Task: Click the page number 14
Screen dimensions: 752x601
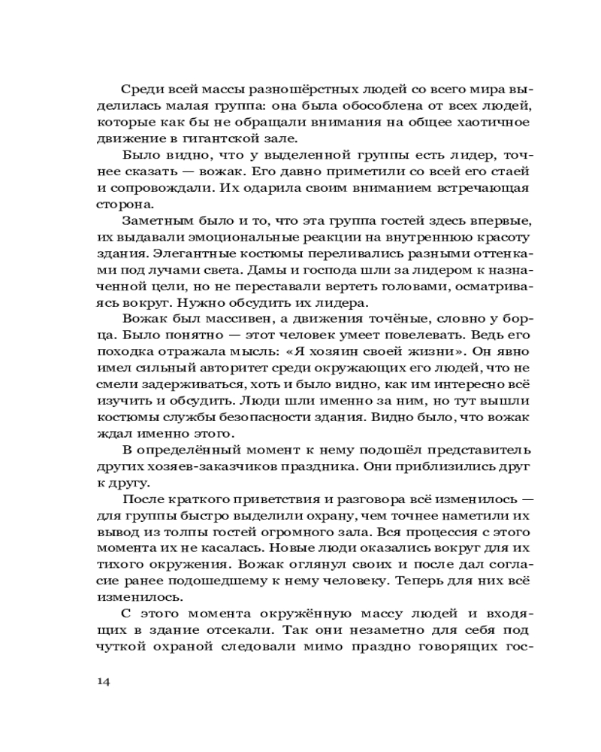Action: click(x=104, y=681)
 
